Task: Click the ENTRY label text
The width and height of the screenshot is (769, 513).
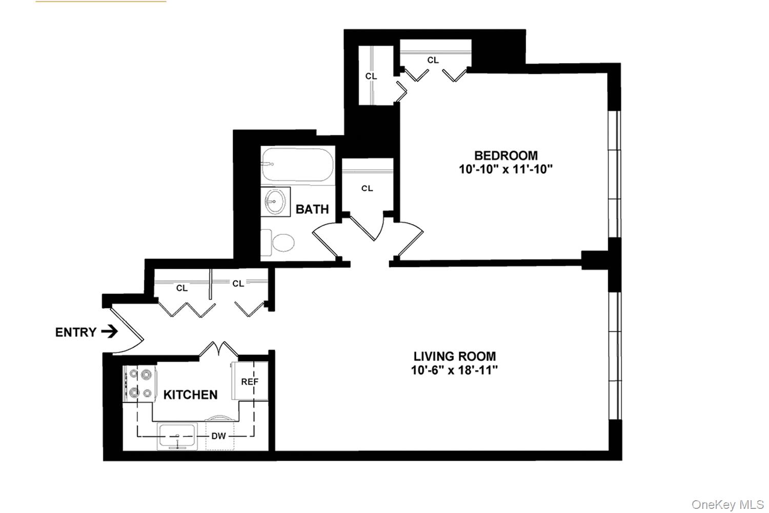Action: [x=75, y=332]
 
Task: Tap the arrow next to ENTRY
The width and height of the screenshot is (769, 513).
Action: [x=109, y=332]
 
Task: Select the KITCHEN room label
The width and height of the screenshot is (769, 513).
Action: [x=190, y=394]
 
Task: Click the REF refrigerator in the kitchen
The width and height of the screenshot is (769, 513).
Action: [x=250, y=382]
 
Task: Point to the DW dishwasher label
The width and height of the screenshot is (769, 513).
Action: [x=219, y=437]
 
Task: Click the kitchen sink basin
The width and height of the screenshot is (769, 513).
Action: [x=177, y=435]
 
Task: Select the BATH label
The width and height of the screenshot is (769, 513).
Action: [x=312, y=209]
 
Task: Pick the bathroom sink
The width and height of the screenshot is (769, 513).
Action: [x=275, y=201]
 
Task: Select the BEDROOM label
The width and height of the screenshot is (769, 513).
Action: [x=505, y=155]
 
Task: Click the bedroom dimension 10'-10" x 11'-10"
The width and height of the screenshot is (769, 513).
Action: [x=505, y=170]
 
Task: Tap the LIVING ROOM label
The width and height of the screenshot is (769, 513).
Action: [x=455, y=356]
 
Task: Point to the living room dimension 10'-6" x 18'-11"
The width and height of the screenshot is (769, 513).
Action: [x=455, y=370]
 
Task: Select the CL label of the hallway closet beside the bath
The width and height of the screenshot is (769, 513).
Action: [x=367, y=188]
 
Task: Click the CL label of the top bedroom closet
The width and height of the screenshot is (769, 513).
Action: [x=433, y=60]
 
